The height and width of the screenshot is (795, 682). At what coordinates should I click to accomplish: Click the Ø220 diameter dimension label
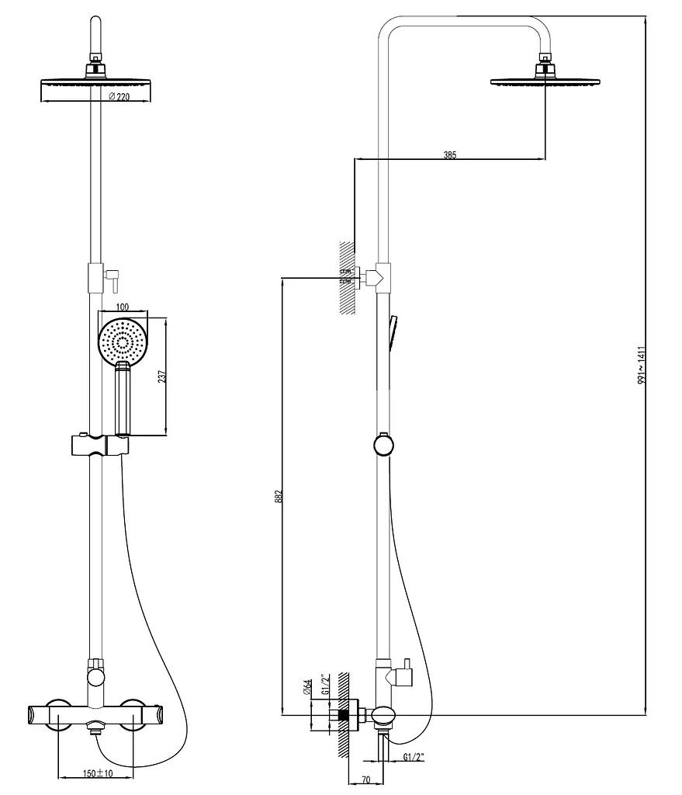[119, 96]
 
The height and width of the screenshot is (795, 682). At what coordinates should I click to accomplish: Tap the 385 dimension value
[450, 154]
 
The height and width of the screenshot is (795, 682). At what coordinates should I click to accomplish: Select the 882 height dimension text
[279, 496]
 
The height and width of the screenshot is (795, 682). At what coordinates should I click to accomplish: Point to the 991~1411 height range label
[642, 365]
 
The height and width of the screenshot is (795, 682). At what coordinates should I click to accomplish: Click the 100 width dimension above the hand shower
[123, 307]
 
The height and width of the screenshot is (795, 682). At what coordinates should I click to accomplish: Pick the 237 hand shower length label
[162, 377]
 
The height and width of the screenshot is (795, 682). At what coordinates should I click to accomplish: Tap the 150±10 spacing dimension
[98, 773]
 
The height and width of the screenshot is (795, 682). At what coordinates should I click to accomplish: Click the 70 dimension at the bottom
[366, 779]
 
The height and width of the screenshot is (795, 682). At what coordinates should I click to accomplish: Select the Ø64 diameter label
[307, 687]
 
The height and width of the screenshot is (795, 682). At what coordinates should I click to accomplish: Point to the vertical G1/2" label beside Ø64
[326, 684]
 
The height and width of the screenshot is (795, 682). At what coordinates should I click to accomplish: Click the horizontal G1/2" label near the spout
[414, 757]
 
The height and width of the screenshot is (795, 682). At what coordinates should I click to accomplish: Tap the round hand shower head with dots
[123, 342]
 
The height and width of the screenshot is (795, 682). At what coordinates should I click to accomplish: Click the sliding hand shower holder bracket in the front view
[100, 445]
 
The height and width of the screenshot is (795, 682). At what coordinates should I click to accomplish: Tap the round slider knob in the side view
[383, 445]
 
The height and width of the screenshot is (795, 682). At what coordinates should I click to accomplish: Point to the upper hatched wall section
[347, 277]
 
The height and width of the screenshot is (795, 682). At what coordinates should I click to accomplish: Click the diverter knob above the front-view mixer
[95, 677]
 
